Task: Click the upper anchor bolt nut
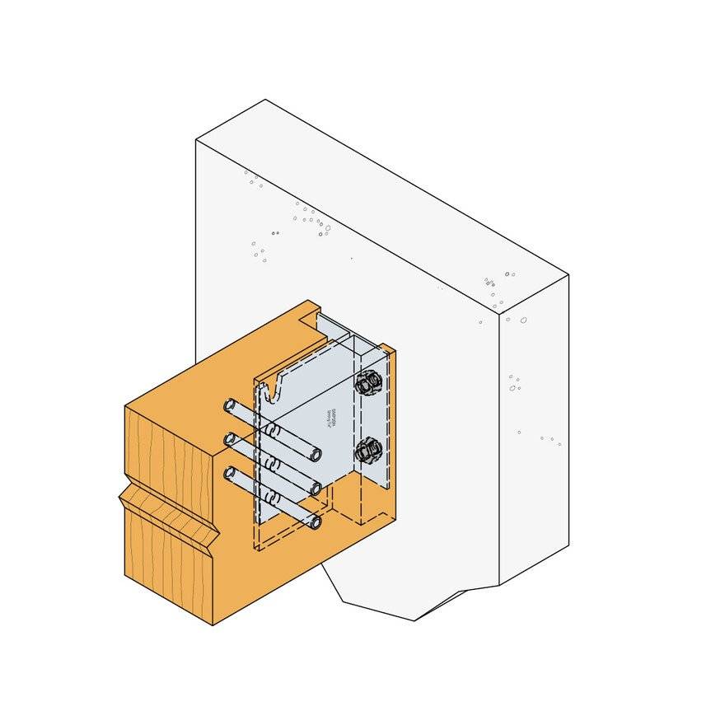point(368,384)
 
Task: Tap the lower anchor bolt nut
point(367,452)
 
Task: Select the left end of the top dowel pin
point(229,406)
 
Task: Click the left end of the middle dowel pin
point(229,439)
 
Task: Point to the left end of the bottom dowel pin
point(229,473)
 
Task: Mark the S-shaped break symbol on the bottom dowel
point(271,497)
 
